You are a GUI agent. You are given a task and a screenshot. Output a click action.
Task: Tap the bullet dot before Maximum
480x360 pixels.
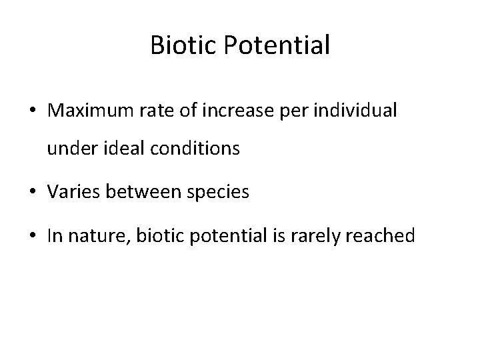click(33, 111)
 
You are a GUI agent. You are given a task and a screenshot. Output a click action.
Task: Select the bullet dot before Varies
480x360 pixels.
click(33, 193)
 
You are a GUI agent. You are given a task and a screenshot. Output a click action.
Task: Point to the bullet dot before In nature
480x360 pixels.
click(33, 235)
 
